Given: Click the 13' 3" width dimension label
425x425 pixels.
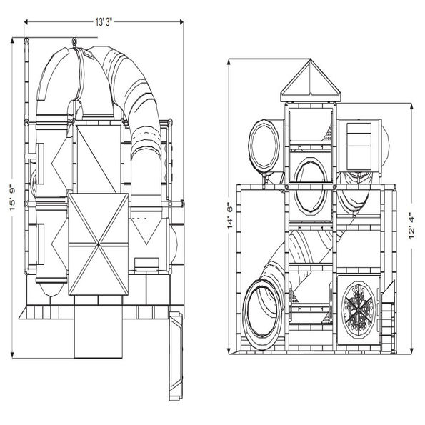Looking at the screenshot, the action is [x=104, y=22].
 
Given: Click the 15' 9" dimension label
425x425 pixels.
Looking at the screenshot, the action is [x=13, y=198].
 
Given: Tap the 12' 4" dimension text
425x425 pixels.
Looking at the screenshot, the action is [x=411, y=226].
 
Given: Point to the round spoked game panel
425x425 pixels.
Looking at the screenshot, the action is [x=359, y=310].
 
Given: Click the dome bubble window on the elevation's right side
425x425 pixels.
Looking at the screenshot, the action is [x=386, y=143].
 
